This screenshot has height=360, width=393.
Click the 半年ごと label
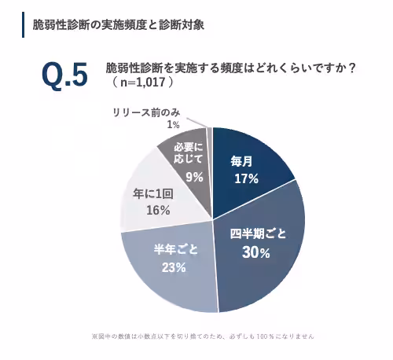pos(174,249)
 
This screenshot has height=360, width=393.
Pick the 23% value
pos(174,266)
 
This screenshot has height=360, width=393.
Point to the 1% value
pos(173,124)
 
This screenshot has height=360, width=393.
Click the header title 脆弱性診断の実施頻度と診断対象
pos(119,24)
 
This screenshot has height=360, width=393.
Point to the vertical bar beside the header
pos(24,24)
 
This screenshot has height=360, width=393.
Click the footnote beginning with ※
pos(203,336)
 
